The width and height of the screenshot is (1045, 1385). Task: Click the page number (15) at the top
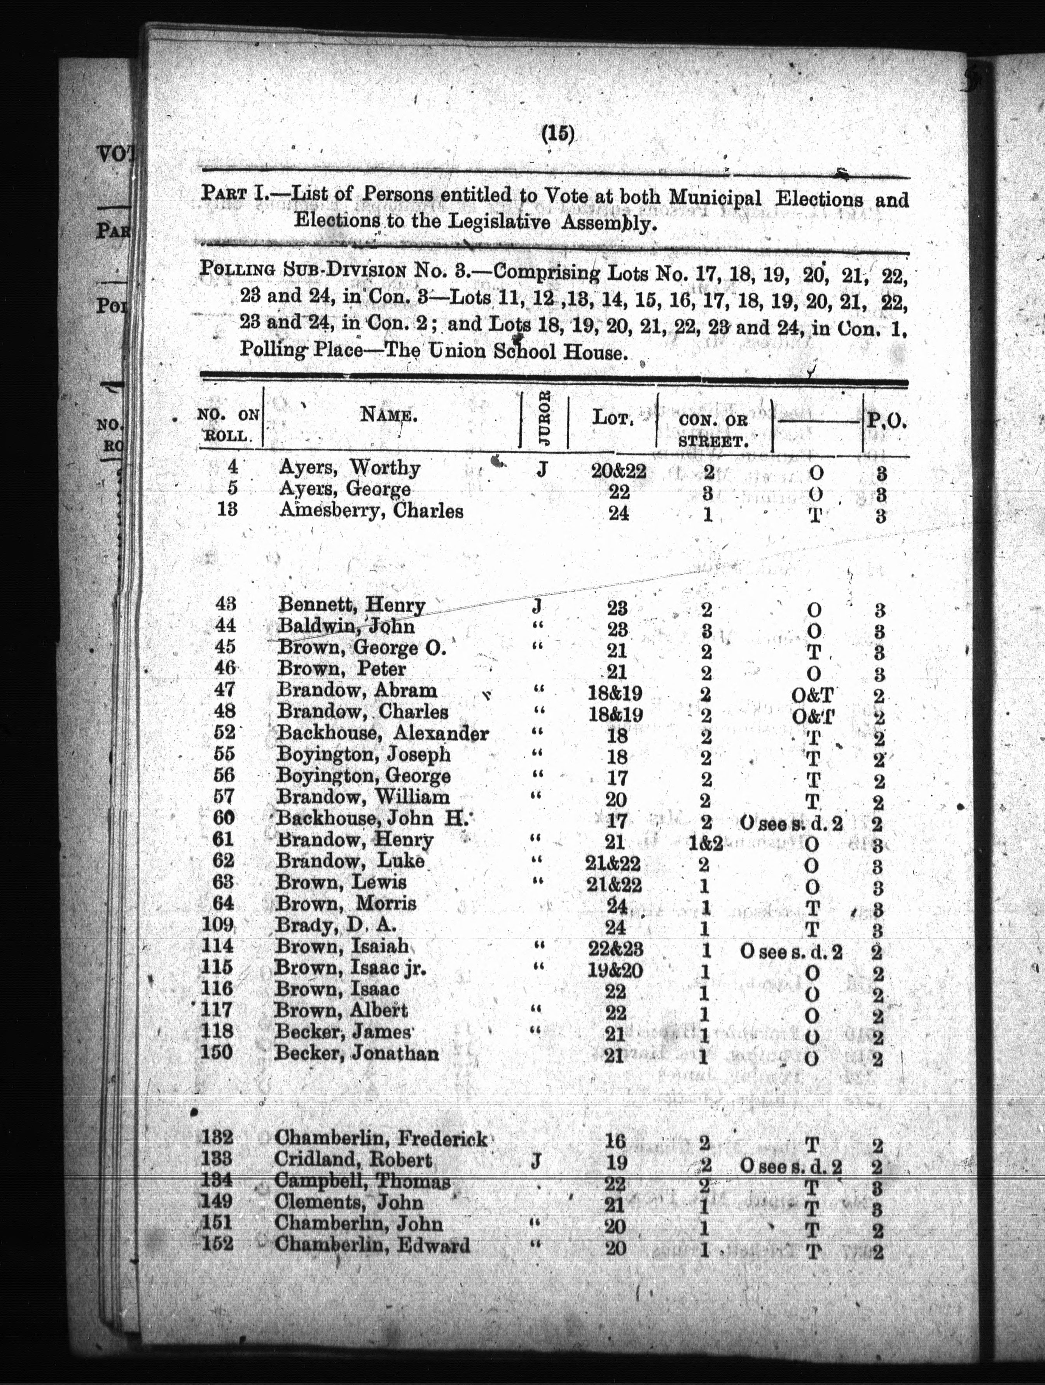557,134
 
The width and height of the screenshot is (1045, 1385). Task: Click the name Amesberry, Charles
371,511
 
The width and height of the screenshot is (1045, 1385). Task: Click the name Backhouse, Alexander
383,733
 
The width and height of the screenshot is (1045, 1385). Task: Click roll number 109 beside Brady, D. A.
218,925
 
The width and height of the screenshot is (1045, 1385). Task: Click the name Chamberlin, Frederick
381,1138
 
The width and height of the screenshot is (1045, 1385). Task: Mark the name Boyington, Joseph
364,754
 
